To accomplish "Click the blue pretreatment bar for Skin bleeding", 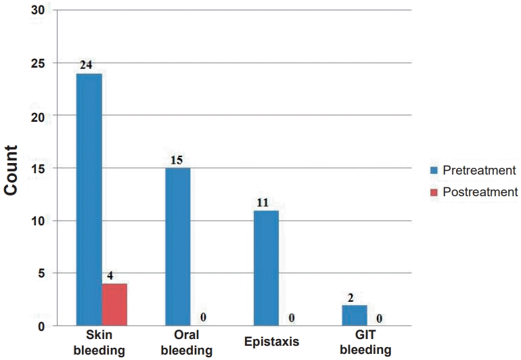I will [89, 200].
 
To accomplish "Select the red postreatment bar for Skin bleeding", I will [114, 305].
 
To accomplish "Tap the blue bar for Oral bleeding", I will [177, 247].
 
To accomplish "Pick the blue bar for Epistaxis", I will [266, 268].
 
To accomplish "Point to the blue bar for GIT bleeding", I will [354, 315].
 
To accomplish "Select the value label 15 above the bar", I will [176, 161].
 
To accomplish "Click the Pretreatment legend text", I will [479, 170].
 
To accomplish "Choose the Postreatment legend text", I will [480, 192].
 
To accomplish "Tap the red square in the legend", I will [433, 192].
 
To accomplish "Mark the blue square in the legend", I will [433, 170].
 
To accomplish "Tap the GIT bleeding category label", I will [365, 343].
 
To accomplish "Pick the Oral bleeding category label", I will [187, 343].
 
